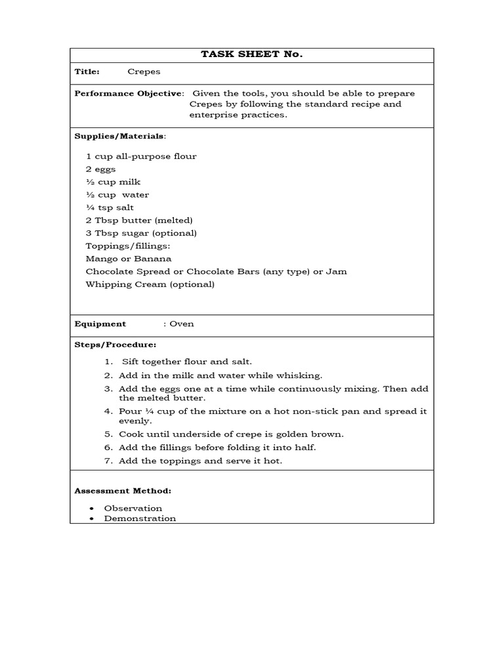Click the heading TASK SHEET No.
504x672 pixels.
[251, 54]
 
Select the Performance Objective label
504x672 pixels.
[129, 93]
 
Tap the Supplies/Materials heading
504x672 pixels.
[119, 136]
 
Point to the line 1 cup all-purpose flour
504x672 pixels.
[141, 156]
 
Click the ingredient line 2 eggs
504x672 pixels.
[100, 169]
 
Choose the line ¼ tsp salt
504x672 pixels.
[110, 207]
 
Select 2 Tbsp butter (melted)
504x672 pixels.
[139, 220]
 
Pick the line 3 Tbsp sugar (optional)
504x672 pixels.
[141, 233]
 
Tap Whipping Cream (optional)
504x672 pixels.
[150, 284]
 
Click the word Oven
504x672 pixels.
[182, 324]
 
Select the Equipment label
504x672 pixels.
[100, 324]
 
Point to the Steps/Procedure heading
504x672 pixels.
[115, 345]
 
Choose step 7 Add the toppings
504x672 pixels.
[200, 461]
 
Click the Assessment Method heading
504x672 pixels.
[123, 490]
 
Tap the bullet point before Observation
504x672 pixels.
[90, 509]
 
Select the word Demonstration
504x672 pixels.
[140, 518]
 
